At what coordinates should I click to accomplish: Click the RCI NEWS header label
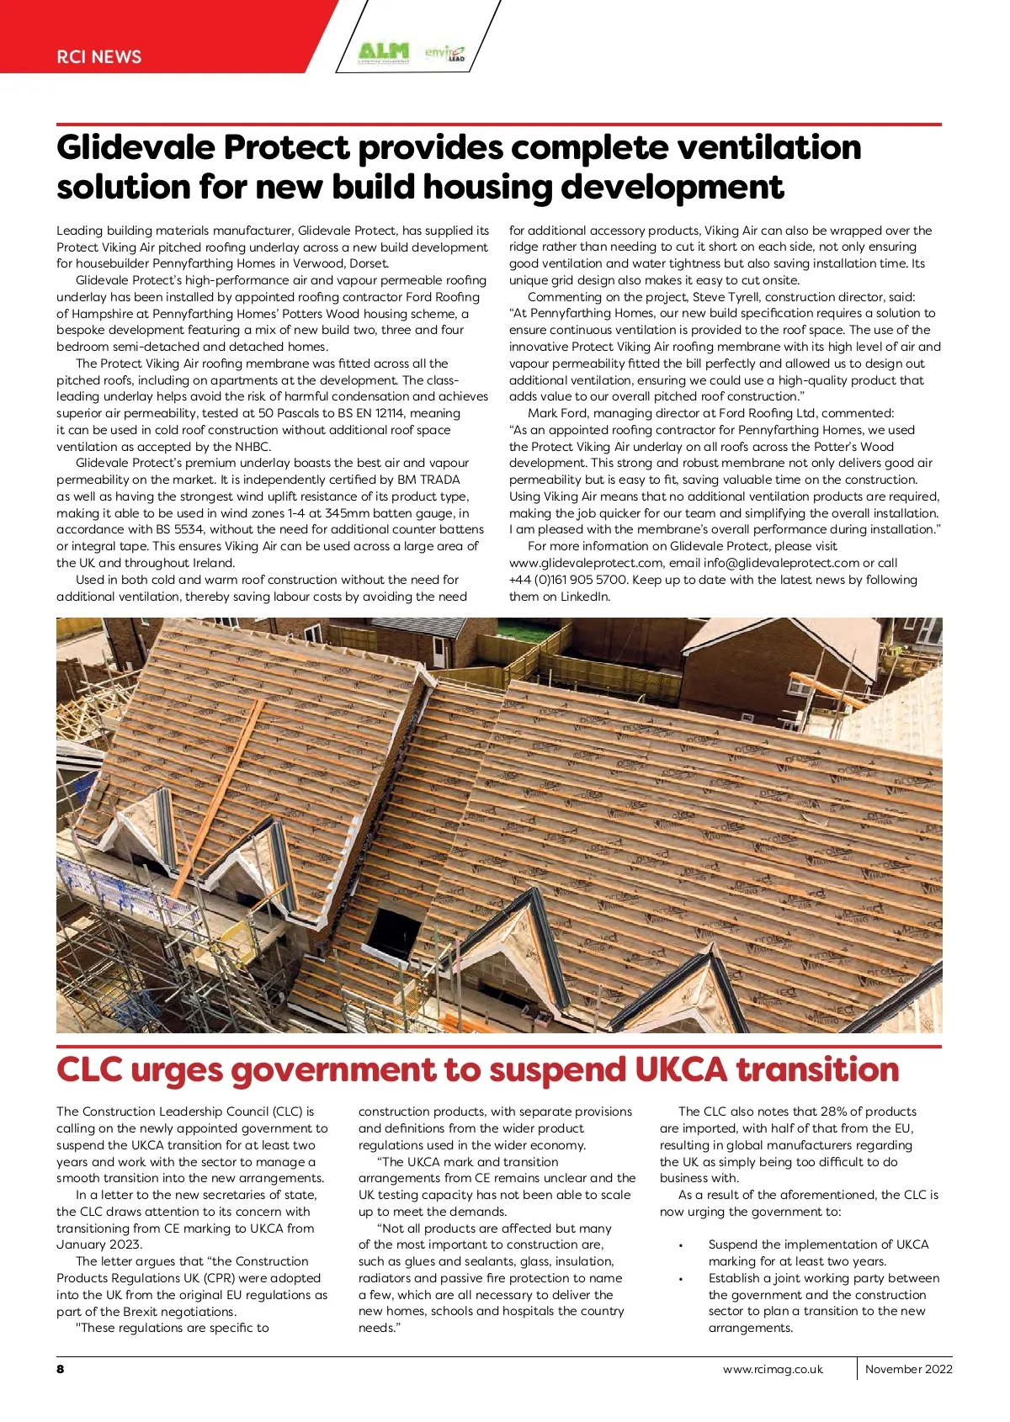98,57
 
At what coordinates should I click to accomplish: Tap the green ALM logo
383,53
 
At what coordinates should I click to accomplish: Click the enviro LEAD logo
444,54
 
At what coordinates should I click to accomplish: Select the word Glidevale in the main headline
135,148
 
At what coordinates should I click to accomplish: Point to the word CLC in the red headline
89,1070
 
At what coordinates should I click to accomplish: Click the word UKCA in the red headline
681,1070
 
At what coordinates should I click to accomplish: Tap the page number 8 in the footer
61,1369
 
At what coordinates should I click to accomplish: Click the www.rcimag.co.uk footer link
773,1369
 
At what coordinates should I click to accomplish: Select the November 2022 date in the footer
908,1369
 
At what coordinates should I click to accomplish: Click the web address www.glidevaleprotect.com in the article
586,563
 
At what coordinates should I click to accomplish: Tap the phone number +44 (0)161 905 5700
568,580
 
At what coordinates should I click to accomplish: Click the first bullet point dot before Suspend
680,1245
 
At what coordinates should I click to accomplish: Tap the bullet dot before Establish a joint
680,1279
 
